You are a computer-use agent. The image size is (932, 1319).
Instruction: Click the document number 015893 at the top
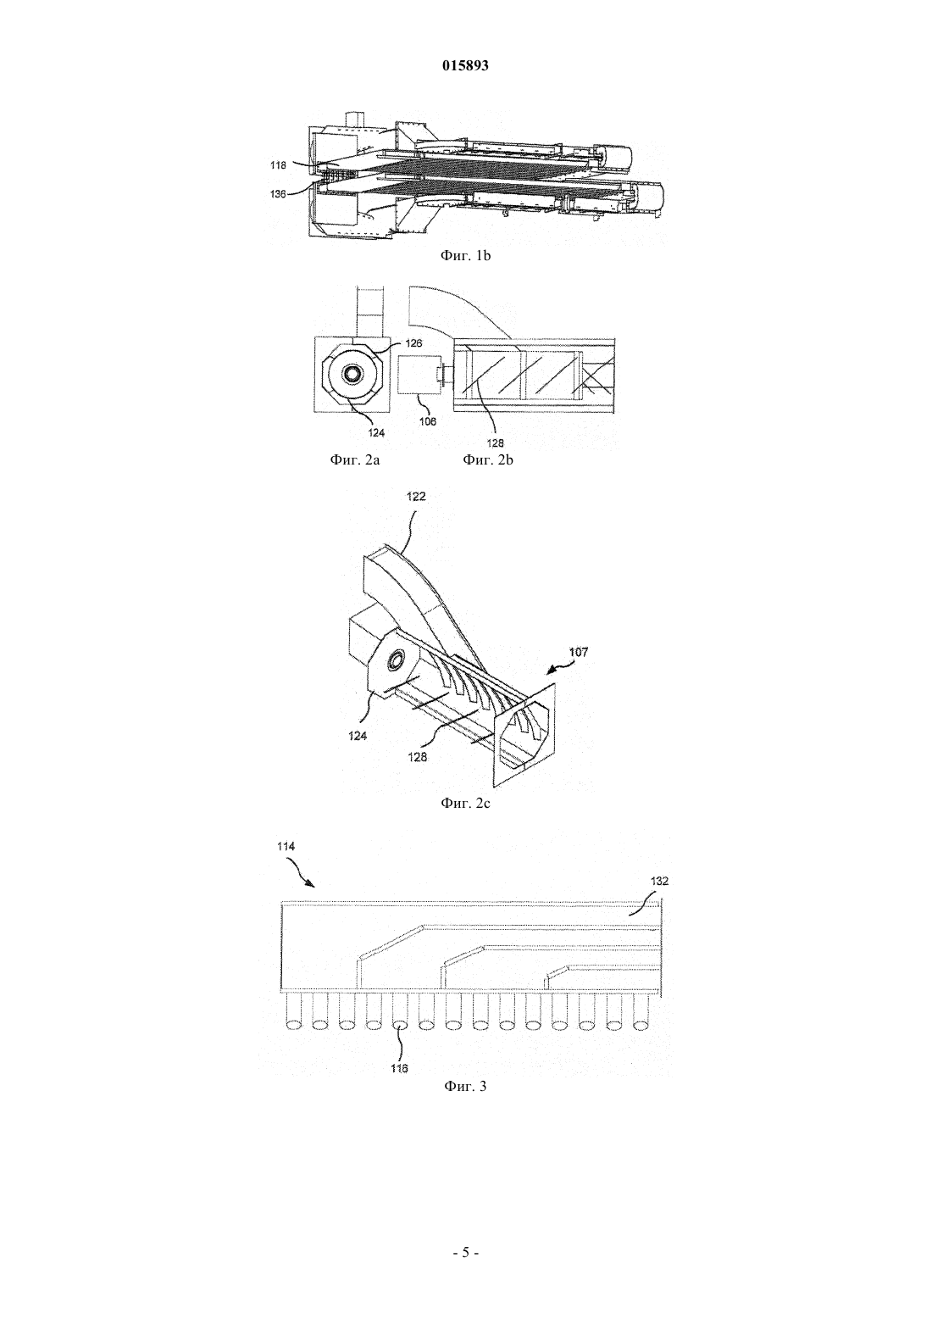coord(465,65)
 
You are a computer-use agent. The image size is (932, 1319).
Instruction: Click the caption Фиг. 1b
coord(465,255)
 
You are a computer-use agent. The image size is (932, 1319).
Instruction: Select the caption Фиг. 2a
coord(354,460)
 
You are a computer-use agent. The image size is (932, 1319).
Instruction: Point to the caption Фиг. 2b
coord(488,460)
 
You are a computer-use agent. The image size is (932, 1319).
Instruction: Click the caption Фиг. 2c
coord(465,803)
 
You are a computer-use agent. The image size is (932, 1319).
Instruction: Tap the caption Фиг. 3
coord(465,1086)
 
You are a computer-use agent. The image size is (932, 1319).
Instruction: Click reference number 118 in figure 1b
coord(278,165)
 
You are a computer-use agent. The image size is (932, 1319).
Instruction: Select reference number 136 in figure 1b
coord(278,194)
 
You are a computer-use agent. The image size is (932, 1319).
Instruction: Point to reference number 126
coord(414,343)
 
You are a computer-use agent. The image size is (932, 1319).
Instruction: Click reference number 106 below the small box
coord(428,420)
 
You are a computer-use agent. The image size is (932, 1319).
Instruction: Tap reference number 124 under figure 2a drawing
coord(376,432)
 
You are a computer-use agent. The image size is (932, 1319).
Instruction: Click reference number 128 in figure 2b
coord(496,443)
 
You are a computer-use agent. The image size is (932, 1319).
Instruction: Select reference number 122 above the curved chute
coord(416,497)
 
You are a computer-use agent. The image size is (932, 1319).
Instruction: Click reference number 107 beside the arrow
coord(579,652)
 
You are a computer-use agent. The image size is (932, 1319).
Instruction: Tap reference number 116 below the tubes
coord(399,1068)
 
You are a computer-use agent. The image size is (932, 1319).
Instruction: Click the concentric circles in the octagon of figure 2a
coord(353,373)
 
